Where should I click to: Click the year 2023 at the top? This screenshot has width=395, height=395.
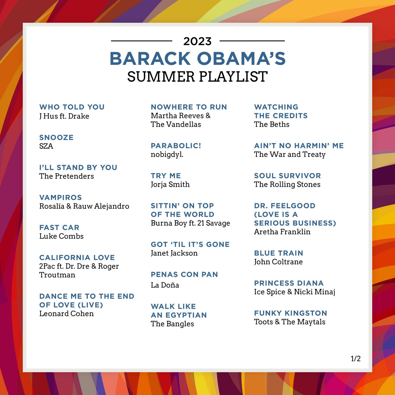point(197,41)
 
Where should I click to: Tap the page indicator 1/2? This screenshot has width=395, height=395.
point(355,359)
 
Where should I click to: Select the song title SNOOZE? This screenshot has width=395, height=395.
point(56,138)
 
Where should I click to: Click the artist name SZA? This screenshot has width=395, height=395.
point(46,146)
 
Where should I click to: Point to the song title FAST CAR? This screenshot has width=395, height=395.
point(59,228)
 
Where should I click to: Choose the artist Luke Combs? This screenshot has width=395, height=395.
point(61,236)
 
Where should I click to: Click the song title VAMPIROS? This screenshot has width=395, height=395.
point(61,197)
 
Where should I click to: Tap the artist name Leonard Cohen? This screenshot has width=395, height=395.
point(66,313)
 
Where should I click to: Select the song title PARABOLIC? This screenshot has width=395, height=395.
point(176,146)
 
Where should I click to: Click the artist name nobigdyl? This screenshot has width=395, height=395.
point(167,155)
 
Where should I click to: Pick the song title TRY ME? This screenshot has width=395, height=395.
point(166,176)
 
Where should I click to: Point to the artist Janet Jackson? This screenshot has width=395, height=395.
point(174,253)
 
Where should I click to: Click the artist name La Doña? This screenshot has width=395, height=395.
point(165,285)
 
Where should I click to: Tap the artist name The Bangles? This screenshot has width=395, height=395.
point(172,324)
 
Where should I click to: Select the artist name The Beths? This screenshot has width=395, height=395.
point(272,124)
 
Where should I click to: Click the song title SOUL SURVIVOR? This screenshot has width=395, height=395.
point(287,176)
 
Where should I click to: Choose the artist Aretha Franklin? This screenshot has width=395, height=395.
point(282,232)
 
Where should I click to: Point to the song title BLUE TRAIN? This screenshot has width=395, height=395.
point(278,253)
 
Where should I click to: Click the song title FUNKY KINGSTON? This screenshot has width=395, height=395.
point(290,313)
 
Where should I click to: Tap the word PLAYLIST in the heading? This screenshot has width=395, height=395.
point(233,77)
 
